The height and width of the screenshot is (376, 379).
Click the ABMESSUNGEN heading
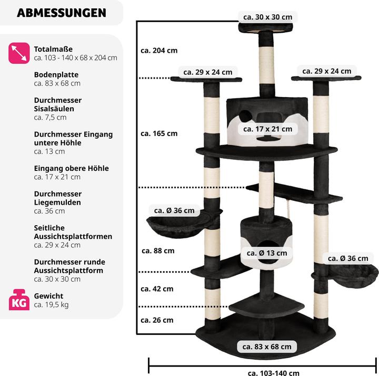61,13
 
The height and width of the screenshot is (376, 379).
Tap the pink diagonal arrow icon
19,53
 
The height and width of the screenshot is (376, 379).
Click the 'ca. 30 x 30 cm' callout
267,17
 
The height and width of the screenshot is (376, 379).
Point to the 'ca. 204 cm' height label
159,51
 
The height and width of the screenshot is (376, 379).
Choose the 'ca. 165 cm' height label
159,133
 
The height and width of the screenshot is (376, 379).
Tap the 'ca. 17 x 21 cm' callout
267,129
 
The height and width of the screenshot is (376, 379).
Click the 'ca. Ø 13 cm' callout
267,253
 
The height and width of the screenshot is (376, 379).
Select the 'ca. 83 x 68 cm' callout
267,346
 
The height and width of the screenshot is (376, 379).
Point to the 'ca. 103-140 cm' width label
273,373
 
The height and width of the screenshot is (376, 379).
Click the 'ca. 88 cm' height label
157,250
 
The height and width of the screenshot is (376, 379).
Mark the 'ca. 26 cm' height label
157,320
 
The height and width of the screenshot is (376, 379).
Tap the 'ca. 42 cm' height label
157,289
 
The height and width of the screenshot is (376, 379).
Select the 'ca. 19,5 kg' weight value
51,304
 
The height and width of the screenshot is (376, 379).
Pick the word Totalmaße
53,49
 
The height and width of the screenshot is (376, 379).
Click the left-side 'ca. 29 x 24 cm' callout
207,72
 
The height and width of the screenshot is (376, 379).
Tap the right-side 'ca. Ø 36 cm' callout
348,258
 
